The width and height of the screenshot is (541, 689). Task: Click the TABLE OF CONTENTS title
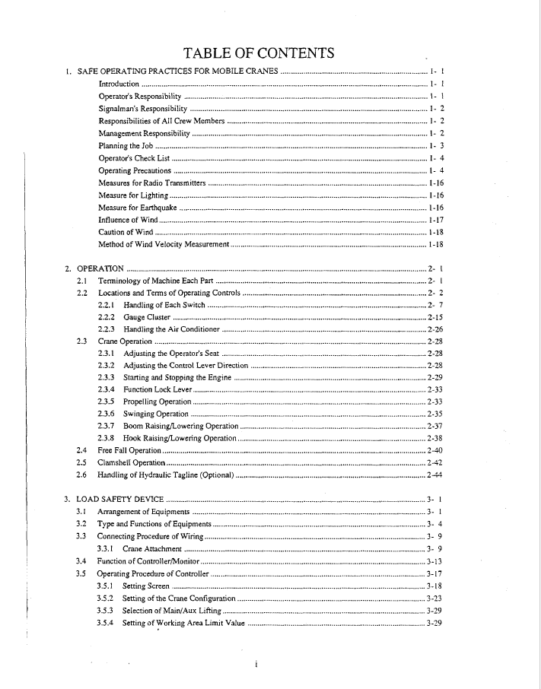tap(259, 52)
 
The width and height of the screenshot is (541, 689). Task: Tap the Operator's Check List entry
tap(134, 157)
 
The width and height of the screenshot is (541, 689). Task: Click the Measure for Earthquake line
tap(138, 208)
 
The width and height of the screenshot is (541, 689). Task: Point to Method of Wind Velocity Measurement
tap(164, 244)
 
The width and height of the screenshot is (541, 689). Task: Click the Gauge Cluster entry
tap(147, 317)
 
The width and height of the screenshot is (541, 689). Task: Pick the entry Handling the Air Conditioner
tap(171, 329)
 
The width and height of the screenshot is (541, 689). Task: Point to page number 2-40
tap(434, 451)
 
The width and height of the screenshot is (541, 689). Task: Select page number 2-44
tap(434, 475)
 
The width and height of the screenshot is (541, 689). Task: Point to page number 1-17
tap(436, 220)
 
